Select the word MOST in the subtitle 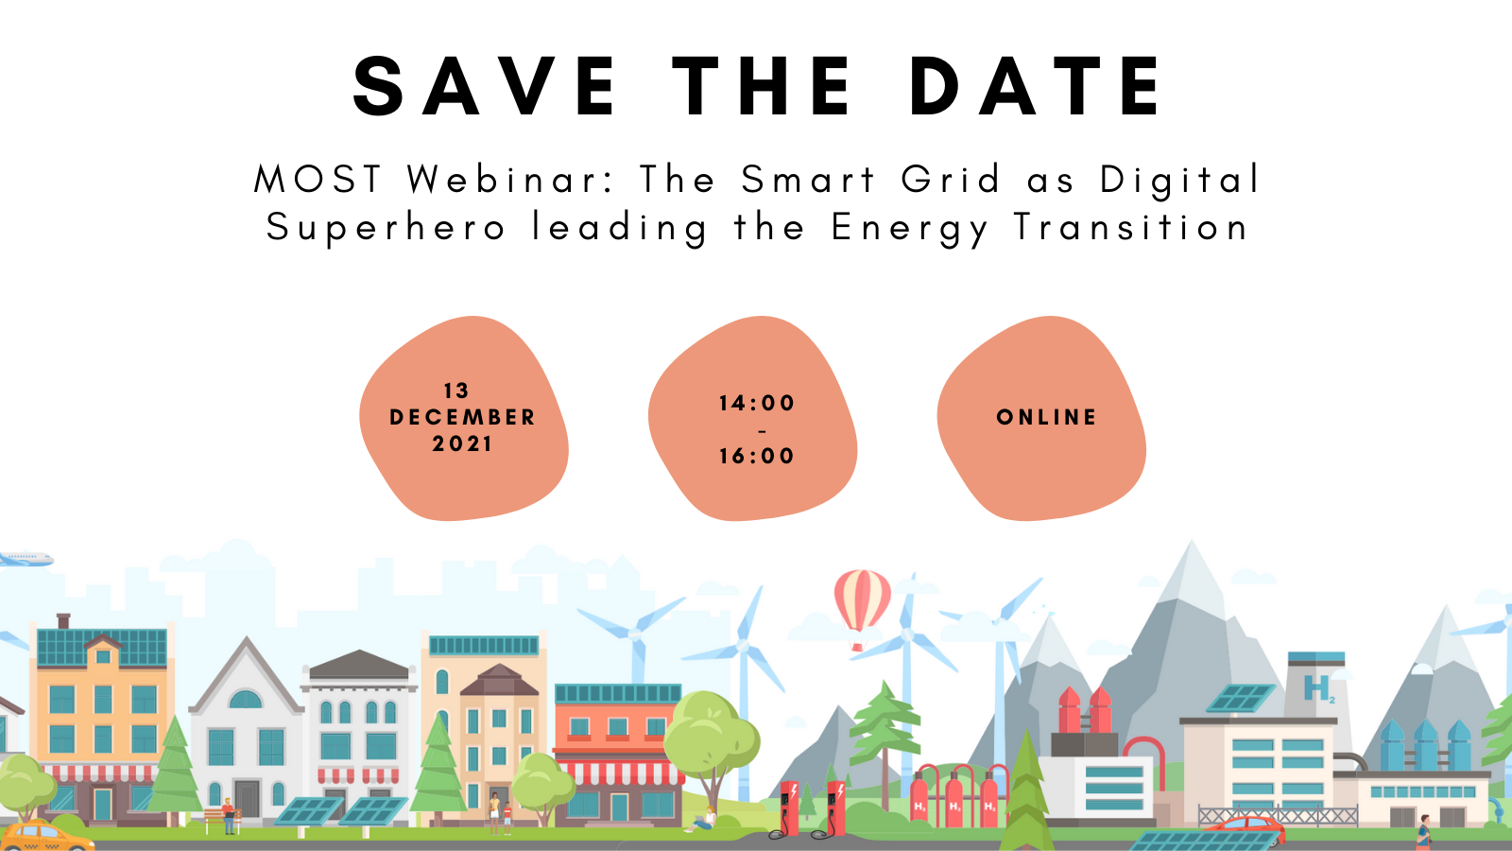[x=318, y=180]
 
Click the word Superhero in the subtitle [x=386, y=228]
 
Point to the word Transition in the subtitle [x=1131, y=226]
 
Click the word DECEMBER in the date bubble [x=463, y=417]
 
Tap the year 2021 [x=462, y=443]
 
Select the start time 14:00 [x=757, y=403]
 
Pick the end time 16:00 [x=757, y=456]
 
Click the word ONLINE [x=1046, y=417]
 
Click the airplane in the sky [x=26, y=559]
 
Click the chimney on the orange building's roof [x=63, y=620]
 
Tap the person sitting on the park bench [x=228, y=815]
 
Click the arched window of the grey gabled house [x=246, y=699]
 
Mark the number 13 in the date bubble [x=456, y=391]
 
